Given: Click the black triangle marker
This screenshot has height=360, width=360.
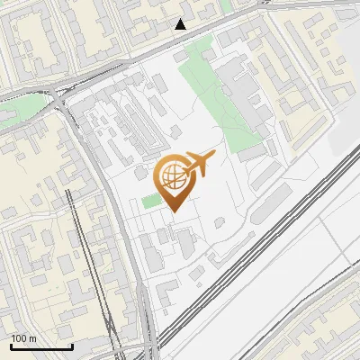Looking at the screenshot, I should point(181,24).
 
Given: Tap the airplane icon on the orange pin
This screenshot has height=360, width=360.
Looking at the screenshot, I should point(200,163).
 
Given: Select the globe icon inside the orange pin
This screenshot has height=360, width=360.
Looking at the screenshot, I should point(173,176).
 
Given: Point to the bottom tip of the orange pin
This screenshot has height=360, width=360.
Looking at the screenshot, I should point(173,212).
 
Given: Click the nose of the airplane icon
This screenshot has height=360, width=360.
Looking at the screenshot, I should point(214,155).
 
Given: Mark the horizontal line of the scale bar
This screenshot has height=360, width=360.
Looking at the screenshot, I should point(41,346).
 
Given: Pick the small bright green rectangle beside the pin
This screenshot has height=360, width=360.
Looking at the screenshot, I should point(150,201).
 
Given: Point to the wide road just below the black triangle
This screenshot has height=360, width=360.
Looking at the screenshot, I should point(180,40).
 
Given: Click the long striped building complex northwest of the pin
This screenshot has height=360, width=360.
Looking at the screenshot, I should point(135,126).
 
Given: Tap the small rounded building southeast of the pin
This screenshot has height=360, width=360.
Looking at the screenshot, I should point(220,222).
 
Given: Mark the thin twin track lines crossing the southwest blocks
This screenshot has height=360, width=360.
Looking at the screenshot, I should point(90,261).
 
